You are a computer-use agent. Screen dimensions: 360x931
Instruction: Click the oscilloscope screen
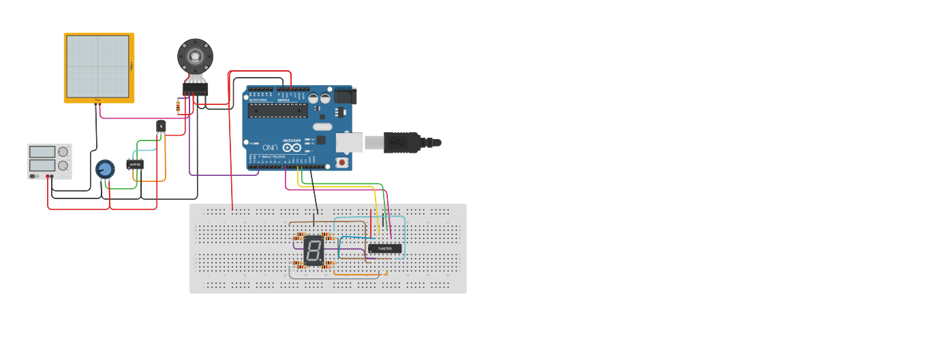(x=97, y=66)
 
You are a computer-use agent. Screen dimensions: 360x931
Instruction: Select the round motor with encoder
(x=195, y=55)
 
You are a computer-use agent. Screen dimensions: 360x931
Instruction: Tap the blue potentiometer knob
(x=104, y=169)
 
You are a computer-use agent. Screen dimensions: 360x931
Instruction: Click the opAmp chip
(x=135, y=164)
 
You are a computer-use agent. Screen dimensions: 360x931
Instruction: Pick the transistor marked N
(x=161, y=126)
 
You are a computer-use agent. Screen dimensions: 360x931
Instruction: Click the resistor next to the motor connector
(x=178, y=106)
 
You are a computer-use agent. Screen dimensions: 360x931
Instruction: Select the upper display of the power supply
(x=42, y=151)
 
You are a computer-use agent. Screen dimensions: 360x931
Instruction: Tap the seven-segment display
(x=314, y=250)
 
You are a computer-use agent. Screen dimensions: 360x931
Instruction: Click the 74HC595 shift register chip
(x=384, y=249)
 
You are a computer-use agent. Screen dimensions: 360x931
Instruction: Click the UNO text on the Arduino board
(x=270, y=147)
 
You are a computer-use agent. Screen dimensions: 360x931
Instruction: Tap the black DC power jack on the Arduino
(x=344, y=95)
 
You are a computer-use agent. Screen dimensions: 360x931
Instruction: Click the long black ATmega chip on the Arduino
(x=277, y=110)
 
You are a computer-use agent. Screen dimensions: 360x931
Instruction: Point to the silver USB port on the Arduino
(x=349, y=142)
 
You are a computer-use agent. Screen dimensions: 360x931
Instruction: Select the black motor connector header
(x=195, y=89)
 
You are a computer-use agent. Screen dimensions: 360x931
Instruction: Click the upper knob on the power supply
(x=63, y=151)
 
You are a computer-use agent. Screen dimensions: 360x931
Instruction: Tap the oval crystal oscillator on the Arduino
(x=322, y=126)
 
